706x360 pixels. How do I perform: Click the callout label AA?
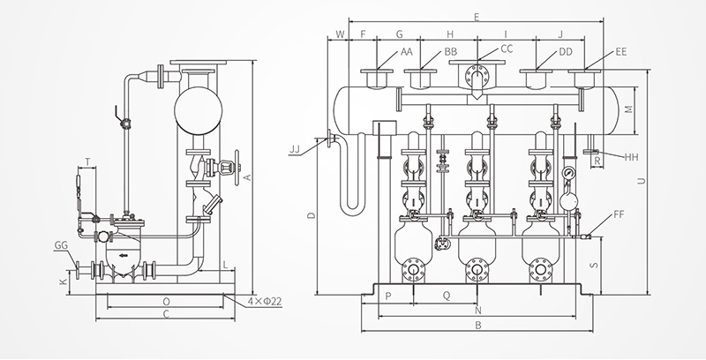(407, 52)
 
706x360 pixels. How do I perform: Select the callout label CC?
(507, 49)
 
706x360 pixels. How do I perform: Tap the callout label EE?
(621, 52)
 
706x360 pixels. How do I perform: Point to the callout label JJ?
(295, 149)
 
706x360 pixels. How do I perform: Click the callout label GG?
(61, 245)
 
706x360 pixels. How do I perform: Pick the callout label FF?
(620, 214)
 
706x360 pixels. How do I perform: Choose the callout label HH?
(631, 157)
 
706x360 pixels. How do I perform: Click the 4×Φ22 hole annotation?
(265, 302)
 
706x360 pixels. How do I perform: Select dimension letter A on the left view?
(247, 177)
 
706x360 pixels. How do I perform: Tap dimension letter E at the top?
(477, 17)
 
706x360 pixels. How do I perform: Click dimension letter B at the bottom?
(478, 326)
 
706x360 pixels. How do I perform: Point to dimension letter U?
(642, 182)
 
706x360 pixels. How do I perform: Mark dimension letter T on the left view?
(87, 161)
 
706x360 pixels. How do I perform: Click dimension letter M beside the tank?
(629, 109)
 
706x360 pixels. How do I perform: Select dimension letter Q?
(447, 296)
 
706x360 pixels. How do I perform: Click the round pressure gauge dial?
(568, 172)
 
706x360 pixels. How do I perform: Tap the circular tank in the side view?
(198, 110)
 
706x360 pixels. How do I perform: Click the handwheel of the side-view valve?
(237, 168)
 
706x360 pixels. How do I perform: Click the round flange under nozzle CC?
(477, 73)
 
